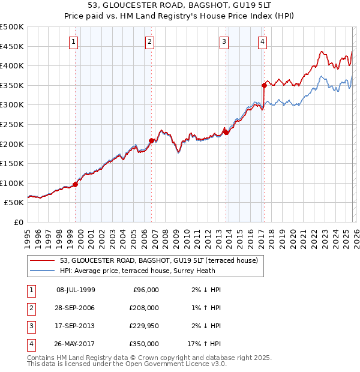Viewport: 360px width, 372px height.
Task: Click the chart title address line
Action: [x=179, y=5]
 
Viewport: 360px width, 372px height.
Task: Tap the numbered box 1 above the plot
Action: [x=73, y=41]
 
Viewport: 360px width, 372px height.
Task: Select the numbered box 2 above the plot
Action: [x=149, y=41]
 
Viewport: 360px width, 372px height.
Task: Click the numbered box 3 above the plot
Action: [x=224, y=41]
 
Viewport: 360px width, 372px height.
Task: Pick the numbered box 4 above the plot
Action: [x=263, y=41]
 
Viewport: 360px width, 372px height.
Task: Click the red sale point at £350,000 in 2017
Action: [x=264, y=85]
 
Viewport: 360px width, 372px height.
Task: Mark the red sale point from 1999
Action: [x=75, y=184]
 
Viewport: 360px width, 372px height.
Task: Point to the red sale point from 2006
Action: [x=151, y=140]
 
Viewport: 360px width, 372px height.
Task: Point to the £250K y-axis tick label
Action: [x=12, y=124]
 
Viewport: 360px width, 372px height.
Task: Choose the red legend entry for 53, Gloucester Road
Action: [x=158, y=260]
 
